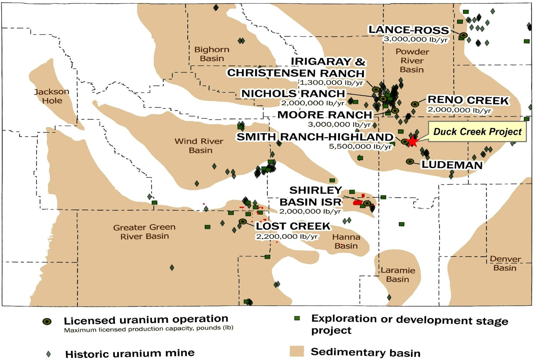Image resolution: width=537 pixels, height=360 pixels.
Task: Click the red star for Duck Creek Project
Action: click(x=412, y=141)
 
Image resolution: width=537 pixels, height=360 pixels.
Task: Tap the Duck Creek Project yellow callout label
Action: click(x=477, y=132)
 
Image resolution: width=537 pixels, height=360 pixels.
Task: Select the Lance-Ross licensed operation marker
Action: click(x=463, y=35)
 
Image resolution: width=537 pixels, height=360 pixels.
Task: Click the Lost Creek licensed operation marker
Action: click(x=243, y=221)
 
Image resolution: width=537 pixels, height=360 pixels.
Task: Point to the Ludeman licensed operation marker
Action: click(x=410, y=161)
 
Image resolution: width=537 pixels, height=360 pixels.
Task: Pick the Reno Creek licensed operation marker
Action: click(x=415, y=104)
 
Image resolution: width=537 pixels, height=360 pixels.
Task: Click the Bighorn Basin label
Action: click(x=212, y=54)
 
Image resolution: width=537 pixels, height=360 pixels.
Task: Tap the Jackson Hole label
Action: click(x=52, y=96)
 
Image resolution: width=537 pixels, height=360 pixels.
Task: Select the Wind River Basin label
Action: click(x=199, y=146)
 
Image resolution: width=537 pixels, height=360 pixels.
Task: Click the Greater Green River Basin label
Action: click(x=144, y=232)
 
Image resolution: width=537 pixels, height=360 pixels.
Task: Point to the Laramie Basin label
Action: click(x=398, y=275)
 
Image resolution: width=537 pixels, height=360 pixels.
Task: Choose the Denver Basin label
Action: click(x=505, y=263)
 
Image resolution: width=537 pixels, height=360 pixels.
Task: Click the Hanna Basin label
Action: click(x=346, y=241)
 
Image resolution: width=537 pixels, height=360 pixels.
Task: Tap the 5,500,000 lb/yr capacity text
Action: click(x=360, y=147)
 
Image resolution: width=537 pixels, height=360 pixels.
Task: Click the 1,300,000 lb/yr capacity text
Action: click(x=332, y=83)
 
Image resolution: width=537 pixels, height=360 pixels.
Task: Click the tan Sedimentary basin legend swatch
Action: click(x=297, y=351)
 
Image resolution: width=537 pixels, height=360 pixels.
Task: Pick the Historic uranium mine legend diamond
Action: click(x=49, y=354)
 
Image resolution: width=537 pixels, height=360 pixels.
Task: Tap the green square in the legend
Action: click(x=297, y=318)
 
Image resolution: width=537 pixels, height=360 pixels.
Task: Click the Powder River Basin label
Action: click(x=412, y=61)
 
